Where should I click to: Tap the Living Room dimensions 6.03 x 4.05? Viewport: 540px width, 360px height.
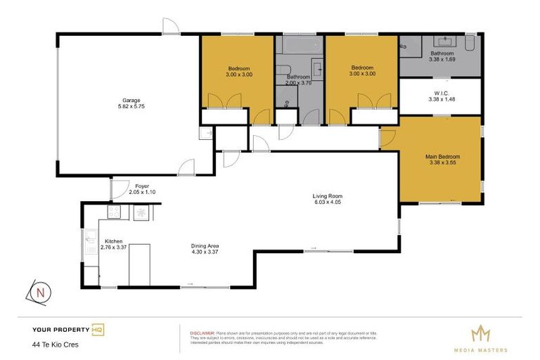point(327,202)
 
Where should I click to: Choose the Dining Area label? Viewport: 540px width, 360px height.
point(205,245)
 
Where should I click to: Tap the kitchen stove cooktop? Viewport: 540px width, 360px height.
point(115,212)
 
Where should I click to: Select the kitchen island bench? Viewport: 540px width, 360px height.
point(139,264)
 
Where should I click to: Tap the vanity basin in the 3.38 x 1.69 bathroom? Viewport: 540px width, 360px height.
point(442,41)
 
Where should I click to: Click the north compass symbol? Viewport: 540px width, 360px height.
point(41,292)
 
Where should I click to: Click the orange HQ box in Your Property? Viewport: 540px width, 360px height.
point(98,329)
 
